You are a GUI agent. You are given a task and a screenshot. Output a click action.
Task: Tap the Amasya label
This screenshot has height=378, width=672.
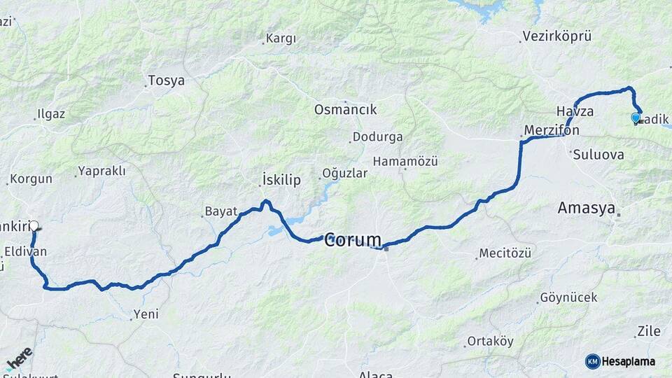click(586, 208)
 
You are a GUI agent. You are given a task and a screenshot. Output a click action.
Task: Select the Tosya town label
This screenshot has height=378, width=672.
click(166, 80)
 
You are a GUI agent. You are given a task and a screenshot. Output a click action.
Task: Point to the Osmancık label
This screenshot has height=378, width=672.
click(345, 109)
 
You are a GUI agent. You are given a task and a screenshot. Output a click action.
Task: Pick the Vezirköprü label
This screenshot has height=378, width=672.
click(557, 36)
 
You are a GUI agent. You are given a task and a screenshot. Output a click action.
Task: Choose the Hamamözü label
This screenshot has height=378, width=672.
click(405, 161)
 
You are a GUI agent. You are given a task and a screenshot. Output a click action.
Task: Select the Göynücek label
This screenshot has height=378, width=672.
click(569, 297)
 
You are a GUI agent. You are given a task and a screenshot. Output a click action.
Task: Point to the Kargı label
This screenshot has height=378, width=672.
click(281, 39)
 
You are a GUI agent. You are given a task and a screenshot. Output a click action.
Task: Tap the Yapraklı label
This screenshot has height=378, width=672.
click(102, 170)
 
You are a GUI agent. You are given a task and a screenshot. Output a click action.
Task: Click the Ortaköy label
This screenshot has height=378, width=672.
click(490, 342)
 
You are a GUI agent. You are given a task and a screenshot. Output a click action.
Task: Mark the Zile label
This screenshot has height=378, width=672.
click(649, 331)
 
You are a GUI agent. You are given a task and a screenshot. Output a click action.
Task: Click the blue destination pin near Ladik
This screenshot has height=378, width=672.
click(636, 118)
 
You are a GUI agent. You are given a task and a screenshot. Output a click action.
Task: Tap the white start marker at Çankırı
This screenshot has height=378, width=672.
click(33, 226)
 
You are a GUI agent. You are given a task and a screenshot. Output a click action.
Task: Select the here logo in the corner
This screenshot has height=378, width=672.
click(19, 358)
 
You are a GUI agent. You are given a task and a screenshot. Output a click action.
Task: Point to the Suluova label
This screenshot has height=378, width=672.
click(599, 154)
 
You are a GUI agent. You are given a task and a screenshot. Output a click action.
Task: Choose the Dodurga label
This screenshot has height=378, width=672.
click(377, 136)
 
